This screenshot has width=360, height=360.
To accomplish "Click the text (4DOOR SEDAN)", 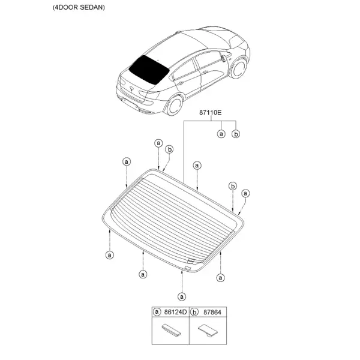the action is coord(79,7).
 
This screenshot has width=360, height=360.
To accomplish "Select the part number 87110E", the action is coord(211,113).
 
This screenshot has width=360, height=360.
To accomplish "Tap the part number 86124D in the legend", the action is coord(175,312).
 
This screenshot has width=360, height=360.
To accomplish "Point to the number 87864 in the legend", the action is coord(212,312).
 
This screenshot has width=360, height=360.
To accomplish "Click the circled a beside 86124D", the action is coord(157,312).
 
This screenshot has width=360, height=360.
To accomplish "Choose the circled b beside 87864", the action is coord(194,312).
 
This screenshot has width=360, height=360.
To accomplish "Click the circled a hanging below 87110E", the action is coord(221,134).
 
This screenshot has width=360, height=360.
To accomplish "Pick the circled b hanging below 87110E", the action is coord(236,134).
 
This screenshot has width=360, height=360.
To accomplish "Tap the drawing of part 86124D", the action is coord(171,329).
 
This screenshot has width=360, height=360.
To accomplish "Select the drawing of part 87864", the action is coord(208,331).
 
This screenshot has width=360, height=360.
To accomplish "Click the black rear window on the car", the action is coord(149,70).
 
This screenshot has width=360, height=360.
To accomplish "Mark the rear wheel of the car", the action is coord(175,106).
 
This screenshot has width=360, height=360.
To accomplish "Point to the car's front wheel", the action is coord(239,68).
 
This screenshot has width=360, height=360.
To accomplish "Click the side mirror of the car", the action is coord(223,57).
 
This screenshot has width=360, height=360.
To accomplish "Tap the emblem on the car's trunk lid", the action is coord(132,89).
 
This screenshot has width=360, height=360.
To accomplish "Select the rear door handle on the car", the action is coord(180,83).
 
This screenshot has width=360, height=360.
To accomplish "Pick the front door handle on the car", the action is coord(205,73).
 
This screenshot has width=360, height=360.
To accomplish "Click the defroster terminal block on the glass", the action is coord(191,260).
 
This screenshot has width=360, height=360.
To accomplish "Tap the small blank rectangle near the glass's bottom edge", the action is coord(188,268).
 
